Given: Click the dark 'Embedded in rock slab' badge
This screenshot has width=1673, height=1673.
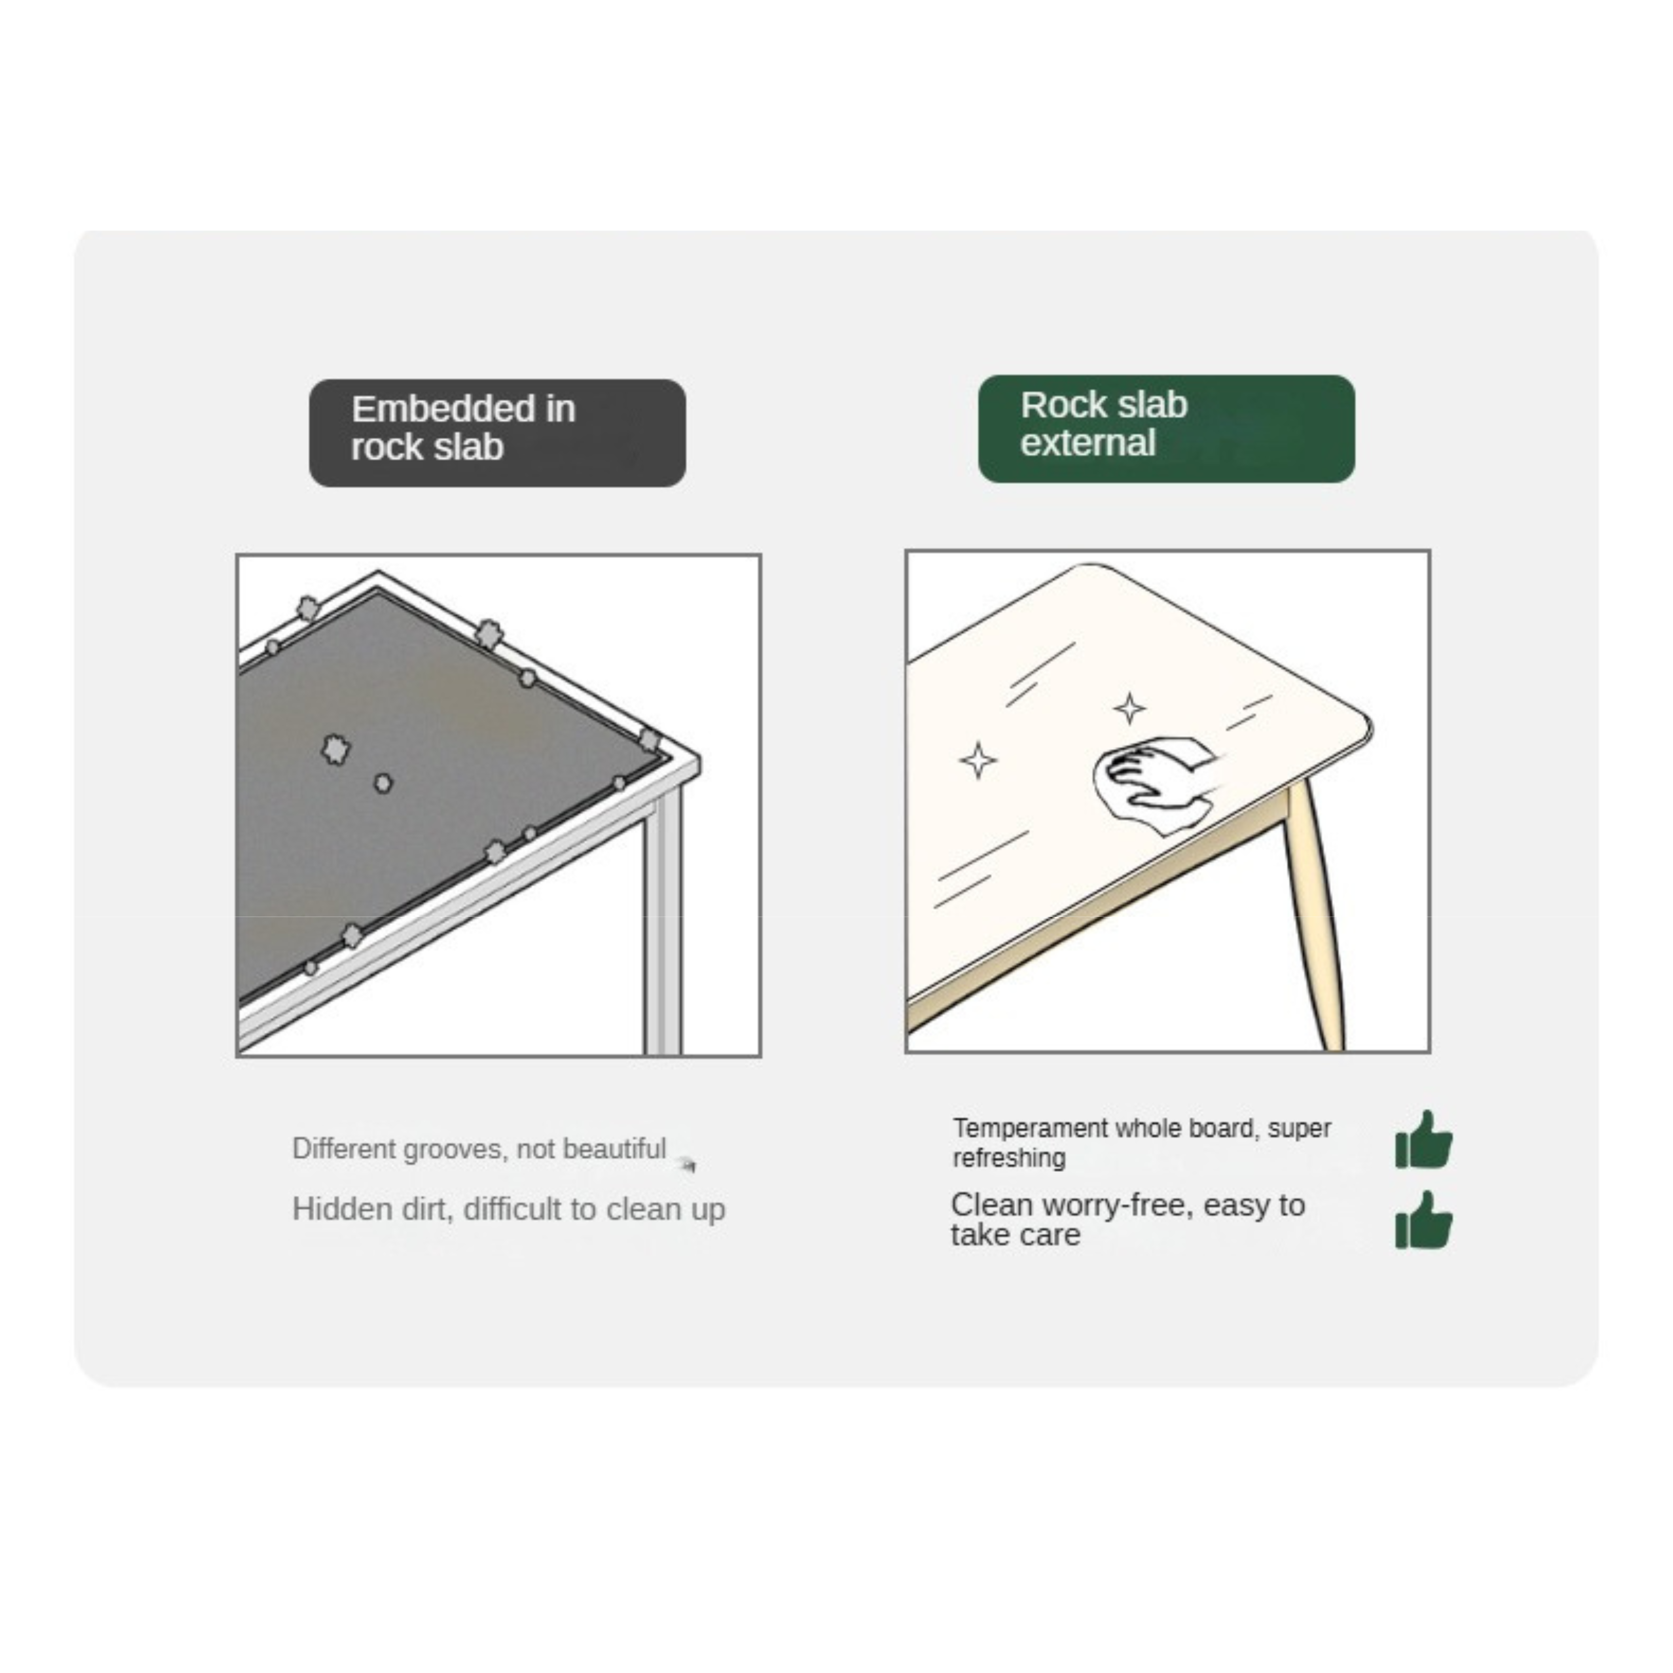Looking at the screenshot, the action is [x=497, y=432].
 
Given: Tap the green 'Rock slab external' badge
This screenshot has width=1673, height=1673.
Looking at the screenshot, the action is [x=1166, y=429].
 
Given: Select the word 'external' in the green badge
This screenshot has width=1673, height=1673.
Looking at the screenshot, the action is [x=1088, y=443].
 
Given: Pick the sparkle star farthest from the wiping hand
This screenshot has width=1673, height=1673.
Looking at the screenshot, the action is [x=979, y=760].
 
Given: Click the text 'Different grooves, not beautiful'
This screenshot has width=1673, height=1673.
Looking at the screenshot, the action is [x=479, y=1149].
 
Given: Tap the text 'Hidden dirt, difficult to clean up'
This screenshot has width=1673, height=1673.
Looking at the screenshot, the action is [x=508, y=1209].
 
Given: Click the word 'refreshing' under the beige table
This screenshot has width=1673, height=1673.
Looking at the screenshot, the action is [x=1009, y=1158].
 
